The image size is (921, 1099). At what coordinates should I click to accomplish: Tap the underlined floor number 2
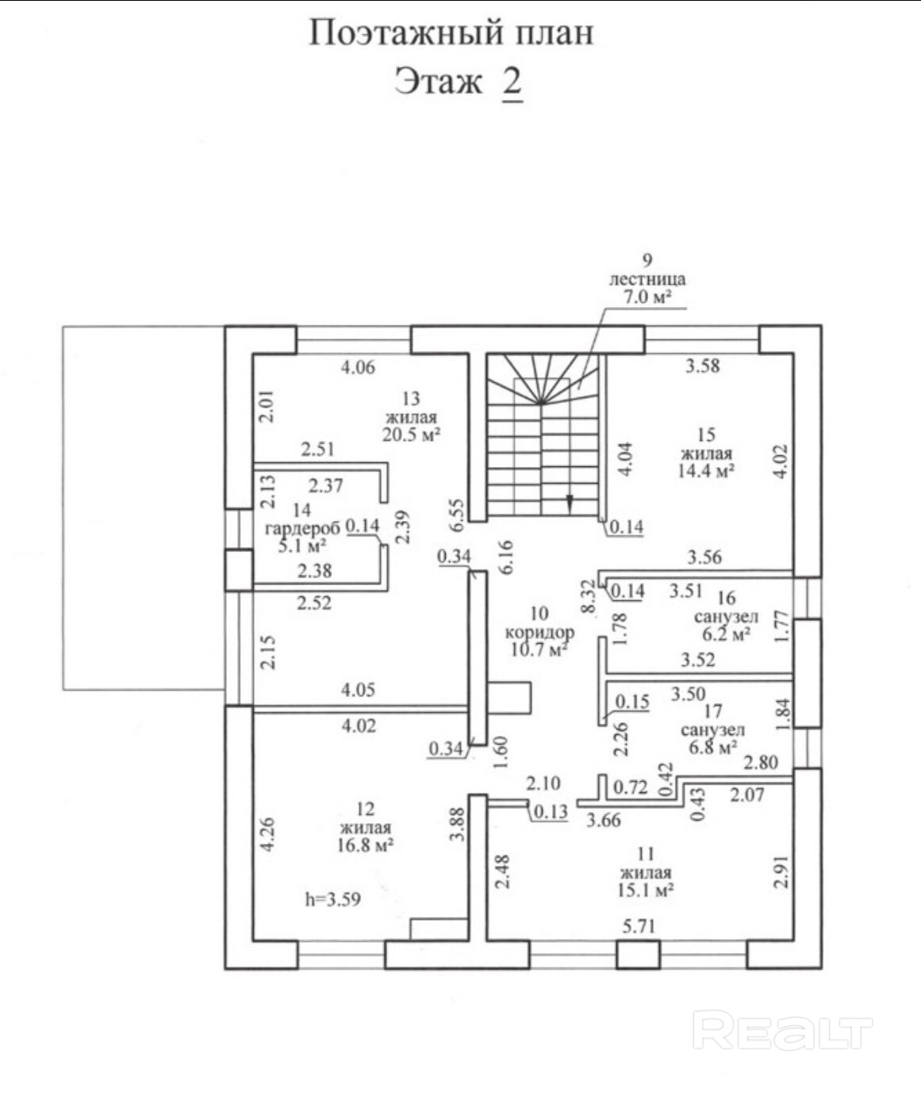tap(512, 82)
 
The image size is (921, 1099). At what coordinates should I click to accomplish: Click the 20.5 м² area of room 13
tap(412, 435)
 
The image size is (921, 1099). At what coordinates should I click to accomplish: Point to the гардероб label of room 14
tap(302, 528)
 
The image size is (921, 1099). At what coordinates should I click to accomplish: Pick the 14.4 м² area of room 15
tap(705, 470)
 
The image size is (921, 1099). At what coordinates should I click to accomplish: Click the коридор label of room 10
tap(539, 633)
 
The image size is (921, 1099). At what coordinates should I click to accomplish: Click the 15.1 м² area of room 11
tap(644, 890)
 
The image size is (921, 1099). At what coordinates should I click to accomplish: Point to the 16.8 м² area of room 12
tap(365, 845)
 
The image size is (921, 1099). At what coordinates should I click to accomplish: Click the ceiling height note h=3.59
tap(333, 899)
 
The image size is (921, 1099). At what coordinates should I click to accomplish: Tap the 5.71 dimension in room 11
tap(639, 925)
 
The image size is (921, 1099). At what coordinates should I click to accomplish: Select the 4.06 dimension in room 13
tap(358, 367)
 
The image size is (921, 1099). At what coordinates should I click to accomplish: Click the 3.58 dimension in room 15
tap(703, 366)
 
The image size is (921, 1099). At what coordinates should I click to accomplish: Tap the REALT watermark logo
tap(782, 1030)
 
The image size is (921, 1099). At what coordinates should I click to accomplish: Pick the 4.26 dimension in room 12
tap(268, 834)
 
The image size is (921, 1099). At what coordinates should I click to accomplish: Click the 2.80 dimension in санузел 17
tap(760, 763)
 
